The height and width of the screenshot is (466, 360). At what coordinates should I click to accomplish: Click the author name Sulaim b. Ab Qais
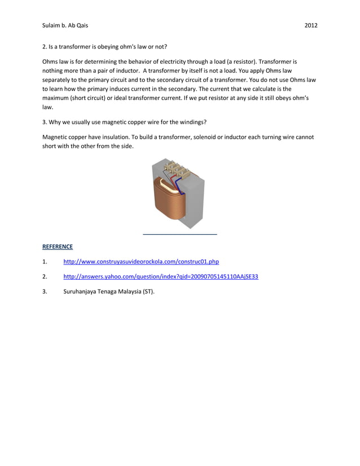point(65,26)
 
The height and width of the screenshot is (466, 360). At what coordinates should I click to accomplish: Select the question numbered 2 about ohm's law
point(104,46)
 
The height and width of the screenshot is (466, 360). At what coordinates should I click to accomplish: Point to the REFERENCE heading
point(57,247)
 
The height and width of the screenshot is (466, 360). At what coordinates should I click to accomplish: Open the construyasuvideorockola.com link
point(141,262)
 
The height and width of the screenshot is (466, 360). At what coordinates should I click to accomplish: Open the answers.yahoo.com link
point(160,276)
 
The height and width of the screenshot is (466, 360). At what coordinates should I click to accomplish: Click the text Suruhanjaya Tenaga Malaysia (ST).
point(108,292)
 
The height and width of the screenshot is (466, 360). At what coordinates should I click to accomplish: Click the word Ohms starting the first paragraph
point(51,61)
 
